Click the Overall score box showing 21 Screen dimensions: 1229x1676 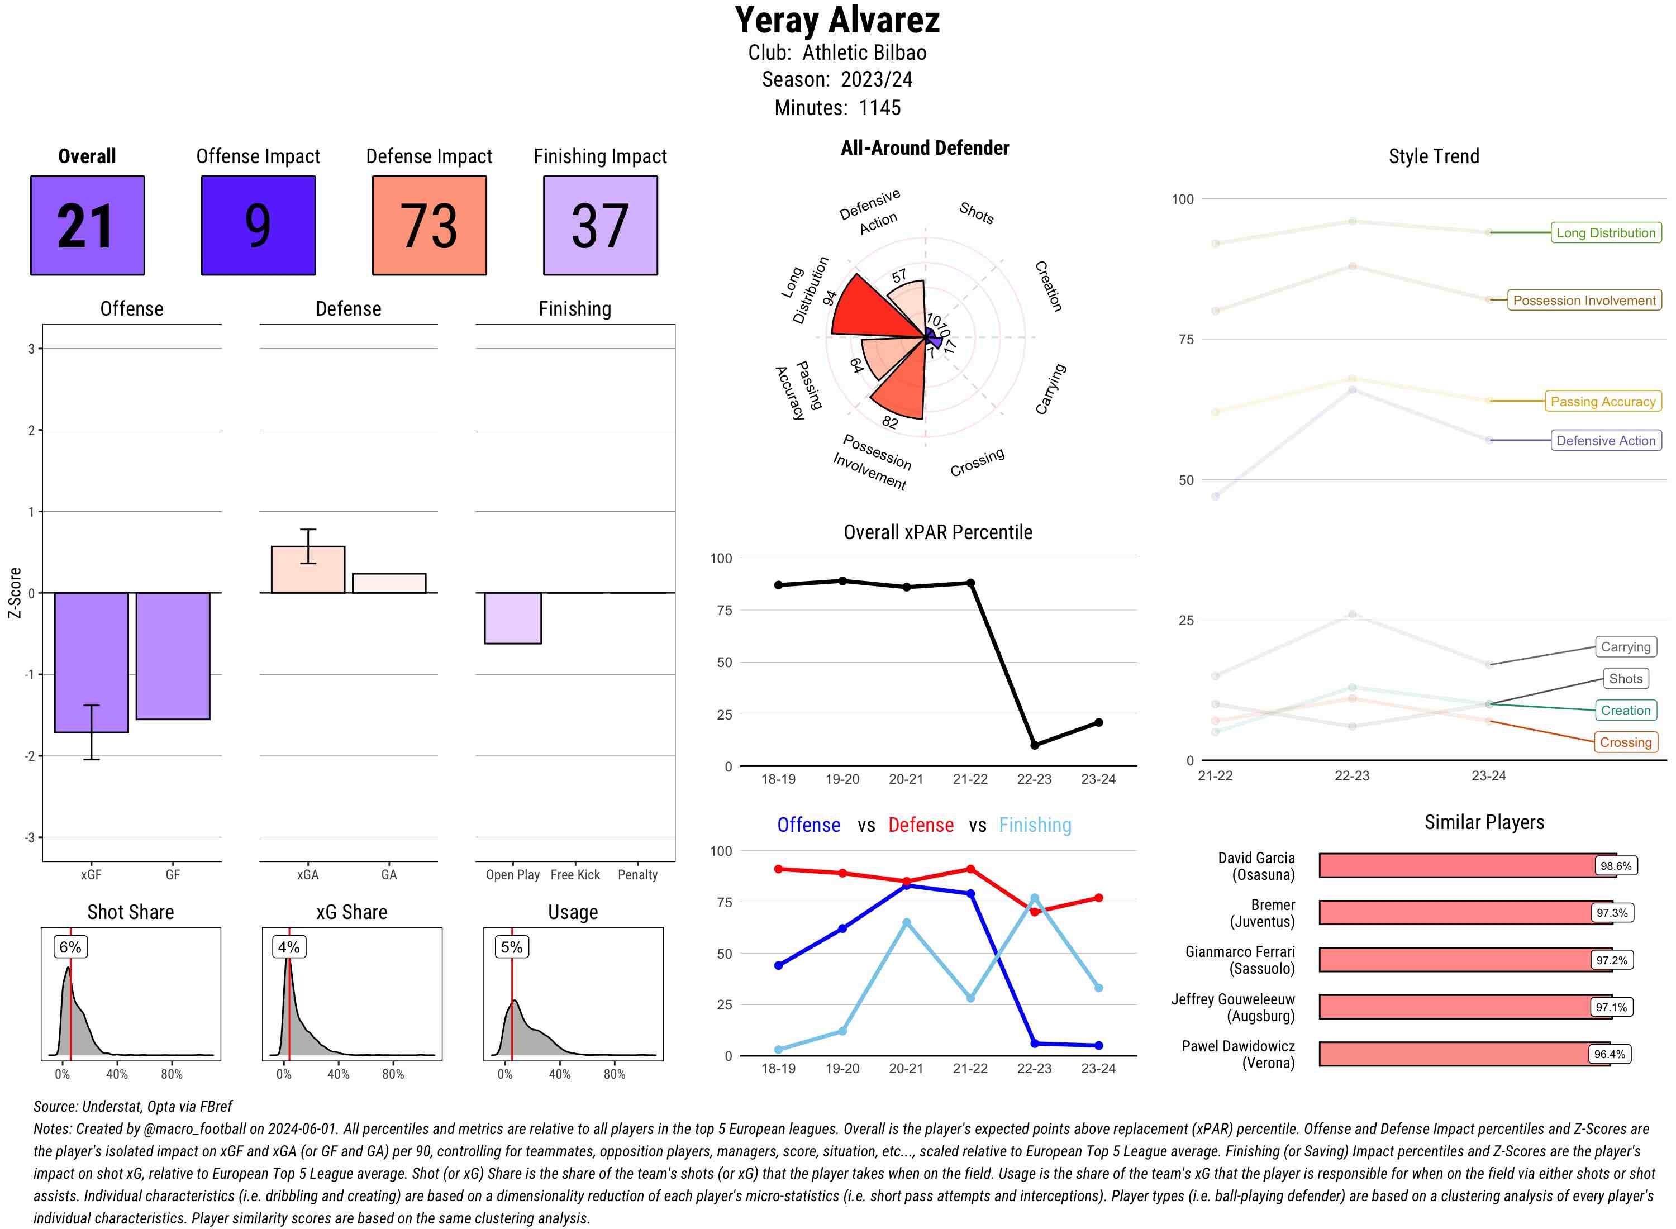87,226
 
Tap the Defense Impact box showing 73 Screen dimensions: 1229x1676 429,226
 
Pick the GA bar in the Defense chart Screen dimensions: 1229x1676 389,583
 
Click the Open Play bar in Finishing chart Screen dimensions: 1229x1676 512,618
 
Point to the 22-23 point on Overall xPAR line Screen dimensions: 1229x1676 1034,745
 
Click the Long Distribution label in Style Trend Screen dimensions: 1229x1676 1606,233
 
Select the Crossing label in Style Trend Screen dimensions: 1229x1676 1625,742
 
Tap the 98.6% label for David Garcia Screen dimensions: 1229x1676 1615,866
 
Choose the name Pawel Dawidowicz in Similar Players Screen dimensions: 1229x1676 1238,1046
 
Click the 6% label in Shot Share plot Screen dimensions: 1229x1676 70,947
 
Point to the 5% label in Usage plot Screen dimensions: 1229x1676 511,947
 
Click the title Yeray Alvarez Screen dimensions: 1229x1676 837,20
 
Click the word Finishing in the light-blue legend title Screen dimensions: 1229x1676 1035,825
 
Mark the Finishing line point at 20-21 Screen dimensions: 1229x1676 906,922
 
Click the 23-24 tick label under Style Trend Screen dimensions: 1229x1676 1488,776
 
